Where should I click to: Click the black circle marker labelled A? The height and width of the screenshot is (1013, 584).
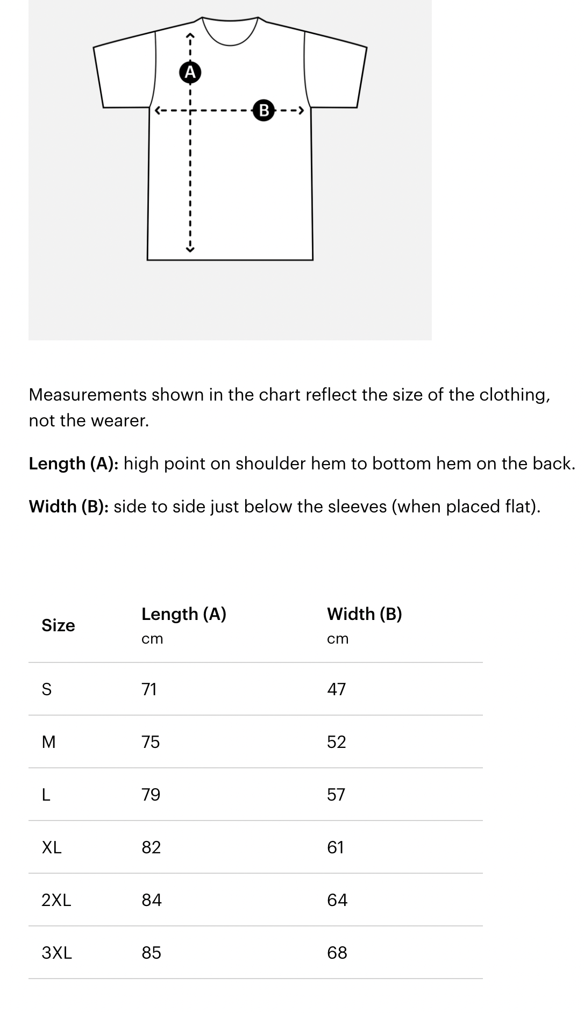(x=190, y=72)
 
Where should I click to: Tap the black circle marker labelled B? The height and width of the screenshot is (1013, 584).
(x=263, y=110)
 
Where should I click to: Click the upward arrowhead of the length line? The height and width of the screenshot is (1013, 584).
(x=189, y=36)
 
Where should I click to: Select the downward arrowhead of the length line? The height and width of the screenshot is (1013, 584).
(x=189, y=248)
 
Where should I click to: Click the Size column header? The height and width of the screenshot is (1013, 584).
(x=58, y=625)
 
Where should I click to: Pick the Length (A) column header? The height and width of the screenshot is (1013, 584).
(x=184, y=614)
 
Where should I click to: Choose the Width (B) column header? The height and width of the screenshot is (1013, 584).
(x=365, y=614)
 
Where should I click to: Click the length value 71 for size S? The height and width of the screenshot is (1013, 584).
(x=149, y=689)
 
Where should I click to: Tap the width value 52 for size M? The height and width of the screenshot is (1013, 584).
(x=337, y=742)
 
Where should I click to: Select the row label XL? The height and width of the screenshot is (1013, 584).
(x=52, y=847)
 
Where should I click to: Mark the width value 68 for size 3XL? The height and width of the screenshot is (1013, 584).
(x=337, y=953)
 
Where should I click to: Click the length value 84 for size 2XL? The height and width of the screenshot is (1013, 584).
(x=152, y=900)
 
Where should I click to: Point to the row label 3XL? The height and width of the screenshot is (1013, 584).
(x=56, y=953)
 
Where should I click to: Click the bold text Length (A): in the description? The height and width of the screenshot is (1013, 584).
(x=74, y=463)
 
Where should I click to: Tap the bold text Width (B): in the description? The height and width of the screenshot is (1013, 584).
(x=69, y=507)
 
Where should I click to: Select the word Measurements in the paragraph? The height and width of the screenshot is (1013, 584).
(x=88, y=395)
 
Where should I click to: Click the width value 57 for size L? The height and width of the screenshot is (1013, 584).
(x=336, y=795)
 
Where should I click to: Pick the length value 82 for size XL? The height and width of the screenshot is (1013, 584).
(x=151, y=847)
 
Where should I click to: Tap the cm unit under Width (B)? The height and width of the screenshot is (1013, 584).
(x=338, y=639)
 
